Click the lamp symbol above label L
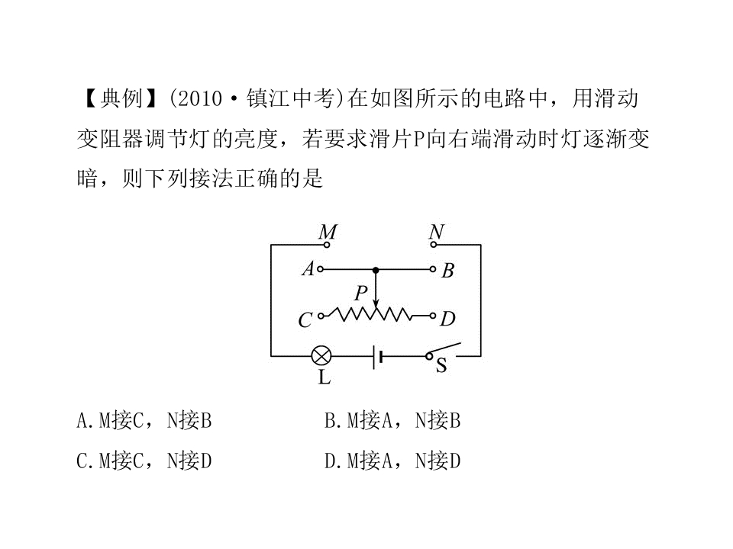click(x=321, y=356)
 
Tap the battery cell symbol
click(x=378, y=357)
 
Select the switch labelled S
click(x=443, y=352)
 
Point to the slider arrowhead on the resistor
click(x=376, y=303)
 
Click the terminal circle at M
click(x=327, y=244)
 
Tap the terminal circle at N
click(x=434, y=244)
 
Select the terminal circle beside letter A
click(x=320, y=269)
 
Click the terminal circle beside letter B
click(x=433, y=269)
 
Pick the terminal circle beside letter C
click(x=321, y=316)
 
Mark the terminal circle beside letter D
click(x=433, y=316)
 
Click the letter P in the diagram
click(x=361, y=293)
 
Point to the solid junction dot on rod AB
click(x=376, y=270)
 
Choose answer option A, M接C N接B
click(x=144, y=420)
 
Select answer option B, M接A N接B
click(x=392, y=420)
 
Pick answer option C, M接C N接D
click(x=144, y=461)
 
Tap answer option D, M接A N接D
click(x=392, y=461)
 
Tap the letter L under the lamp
click(x=325, y=377)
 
